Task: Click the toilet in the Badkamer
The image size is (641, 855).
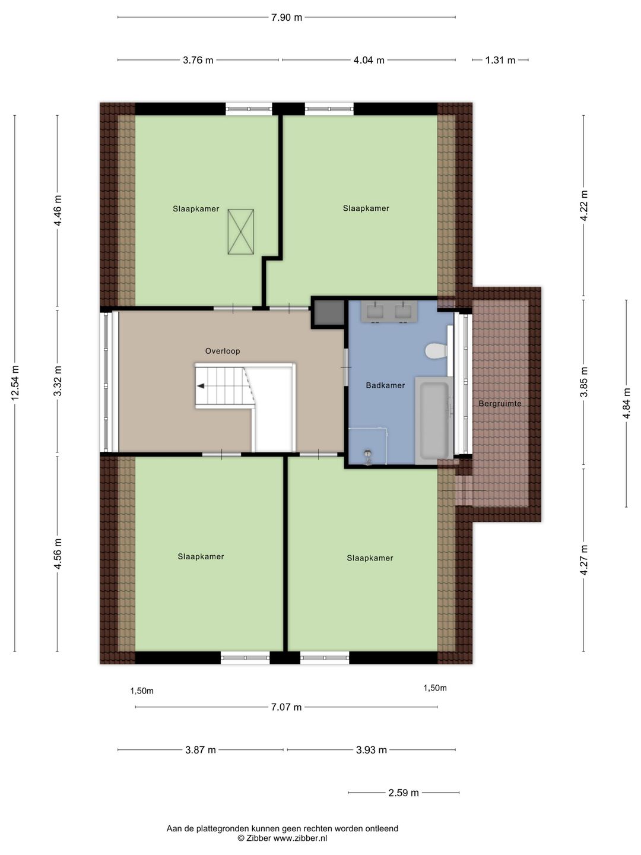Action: click(436, 350)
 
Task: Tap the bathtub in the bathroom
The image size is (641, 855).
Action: click(434, 420)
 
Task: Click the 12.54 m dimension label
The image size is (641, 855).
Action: click(15, 384)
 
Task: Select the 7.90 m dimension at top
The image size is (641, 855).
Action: click(287, 18)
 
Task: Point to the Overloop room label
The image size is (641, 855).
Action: click(223, 351)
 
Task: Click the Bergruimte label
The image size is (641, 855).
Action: click(500, 404)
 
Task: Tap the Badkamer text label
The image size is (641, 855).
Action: click(385, 385)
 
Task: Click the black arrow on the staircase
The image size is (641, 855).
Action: click(201, 386)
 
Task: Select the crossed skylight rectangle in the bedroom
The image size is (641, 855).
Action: click(241, 232)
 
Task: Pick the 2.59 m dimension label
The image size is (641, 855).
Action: click(404, 793)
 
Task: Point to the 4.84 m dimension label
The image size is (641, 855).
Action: click(626, 403)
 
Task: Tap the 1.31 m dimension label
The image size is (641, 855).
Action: click(500, 61)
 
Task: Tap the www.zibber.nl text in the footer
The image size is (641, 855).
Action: click(300, 838)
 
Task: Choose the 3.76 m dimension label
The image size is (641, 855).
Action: click(198, 61)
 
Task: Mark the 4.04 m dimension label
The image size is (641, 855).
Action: click(369, 61)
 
